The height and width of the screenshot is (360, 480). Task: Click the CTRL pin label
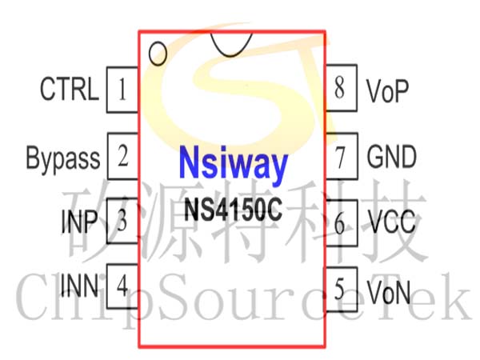(70, 89)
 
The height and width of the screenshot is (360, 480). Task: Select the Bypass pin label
(63, 158)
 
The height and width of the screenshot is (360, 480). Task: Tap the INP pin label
(79, 221)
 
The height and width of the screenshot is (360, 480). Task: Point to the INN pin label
(79, 286)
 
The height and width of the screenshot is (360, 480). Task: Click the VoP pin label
(387, 91)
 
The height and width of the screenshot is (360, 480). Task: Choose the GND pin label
(391, 157)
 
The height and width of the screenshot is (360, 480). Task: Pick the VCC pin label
(391, 222)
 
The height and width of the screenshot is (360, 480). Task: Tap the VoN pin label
(389, 292)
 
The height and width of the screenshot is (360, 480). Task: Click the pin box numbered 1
(122, 90)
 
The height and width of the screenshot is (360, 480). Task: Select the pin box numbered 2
(123, 156)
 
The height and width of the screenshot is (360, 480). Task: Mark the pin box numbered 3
(122, 221)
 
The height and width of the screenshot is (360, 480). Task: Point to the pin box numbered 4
(122, 286)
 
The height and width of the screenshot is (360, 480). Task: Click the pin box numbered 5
(341, 290)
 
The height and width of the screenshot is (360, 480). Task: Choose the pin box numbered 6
(341, 223)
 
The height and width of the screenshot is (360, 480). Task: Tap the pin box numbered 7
(341, 156)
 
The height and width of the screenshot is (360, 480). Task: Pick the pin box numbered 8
(341, 88)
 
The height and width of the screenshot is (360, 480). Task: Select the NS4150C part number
(233, 210)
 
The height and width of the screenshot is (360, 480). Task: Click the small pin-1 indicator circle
(158, 54)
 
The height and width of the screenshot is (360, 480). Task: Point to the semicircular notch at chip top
(231, 55)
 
